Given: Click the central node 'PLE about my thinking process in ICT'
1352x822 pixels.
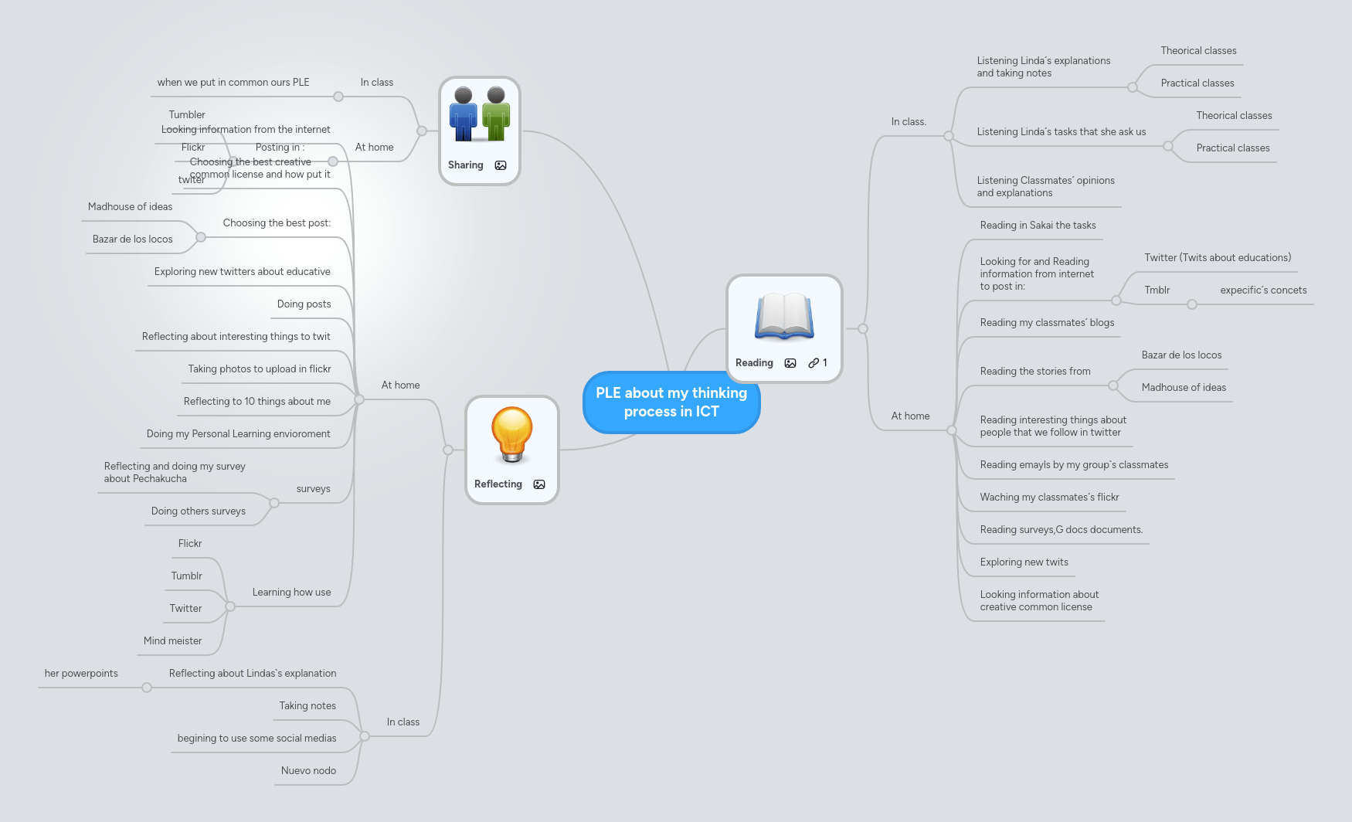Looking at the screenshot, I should pyautogui.click(x=671, y=403).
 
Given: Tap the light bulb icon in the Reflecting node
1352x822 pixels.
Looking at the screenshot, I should pyautogui.click(x=511, y=433).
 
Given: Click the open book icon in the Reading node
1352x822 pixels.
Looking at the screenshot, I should pyautogui.click(x=784, y=317).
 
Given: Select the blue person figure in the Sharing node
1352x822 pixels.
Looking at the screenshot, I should pyautogui.click(x=464, y=114).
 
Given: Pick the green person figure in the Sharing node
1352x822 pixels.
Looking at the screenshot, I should pyautogui.click(x=496, y=114).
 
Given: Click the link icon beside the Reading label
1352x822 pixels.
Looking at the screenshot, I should pyautogui.click(x=814, y=363).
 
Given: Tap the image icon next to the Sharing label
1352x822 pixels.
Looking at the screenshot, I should pyautogui.click(x=501, y=165).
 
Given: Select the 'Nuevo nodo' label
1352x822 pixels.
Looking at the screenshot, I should pyautogui.click(x=308, y=771).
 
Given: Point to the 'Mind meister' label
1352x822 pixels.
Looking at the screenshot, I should pyautogui.click(x=172, y=641).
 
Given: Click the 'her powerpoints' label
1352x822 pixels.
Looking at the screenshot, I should pyautogui.click(x=81, y=674).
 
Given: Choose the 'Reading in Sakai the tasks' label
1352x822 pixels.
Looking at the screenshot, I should pyautogui.click(x=1038, y=226).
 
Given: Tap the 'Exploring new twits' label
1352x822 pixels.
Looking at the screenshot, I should pyautogui.click(x=1024, y=562).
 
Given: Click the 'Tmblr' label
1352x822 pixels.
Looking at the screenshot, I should pyautogui.click(x=1157, y=290).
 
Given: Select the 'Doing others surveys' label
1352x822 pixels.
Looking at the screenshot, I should pyautogui.click(x=199, y=511).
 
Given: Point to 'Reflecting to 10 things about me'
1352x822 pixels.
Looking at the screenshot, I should pyautogui.click(x=256, y=402).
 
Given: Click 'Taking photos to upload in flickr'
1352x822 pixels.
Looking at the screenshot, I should pyautogui.click(x=260, y=369).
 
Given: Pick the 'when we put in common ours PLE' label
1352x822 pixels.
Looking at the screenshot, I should pyautogui.click(x=233, y=83).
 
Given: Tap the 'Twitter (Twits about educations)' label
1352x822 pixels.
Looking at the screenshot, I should pyautogui.click(x=1218, y=258).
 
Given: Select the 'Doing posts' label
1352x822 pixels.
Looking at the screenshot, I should pyautogui.click(x=304, y=304).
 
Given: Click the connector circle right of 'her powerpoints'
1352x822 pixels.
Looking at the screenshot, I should pyautogui.click(x=147, y=688).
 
